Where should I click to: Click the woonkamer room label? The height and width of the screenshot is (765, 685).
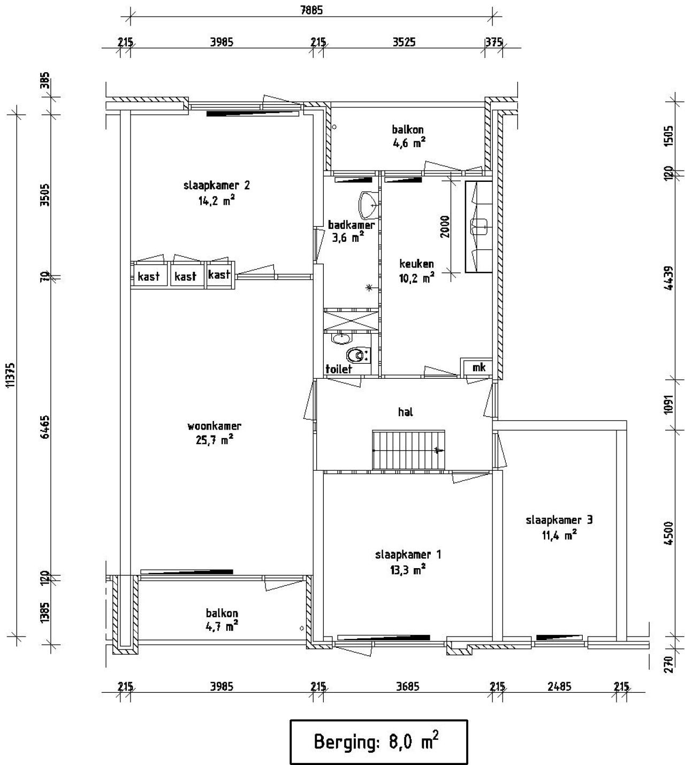click(x=214, y=426)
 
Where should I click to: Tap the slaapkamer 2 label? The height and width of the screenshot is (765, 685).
click(x=217, y=186)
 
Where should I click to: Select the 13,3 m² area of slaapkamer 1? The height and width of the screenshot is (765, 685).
click(x=408, y=569)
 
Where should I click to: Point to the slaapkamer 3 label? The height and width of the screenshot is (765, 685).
click(x=559, y=520)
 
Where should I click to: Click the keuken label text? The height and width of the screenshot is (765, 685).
click(x=416, y=263)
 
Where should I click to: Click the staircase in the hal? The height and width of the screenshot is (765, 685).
click(x=408, y=450)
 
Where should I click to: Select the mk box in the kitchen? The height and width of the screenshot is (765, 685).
click(x=476, y=366)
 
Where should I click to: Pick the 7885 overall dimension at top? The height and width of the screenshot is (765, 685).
click(x=311, y=10)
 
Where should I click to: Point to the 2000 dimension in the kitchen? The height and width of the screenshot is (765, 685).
click(x=445, y=226)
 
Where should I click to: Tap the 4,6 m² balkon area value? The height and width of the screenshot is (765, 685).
click(x=408, y=143)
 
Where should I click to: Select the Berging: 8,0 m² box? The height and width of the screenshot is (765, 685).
click(x=378, y=742)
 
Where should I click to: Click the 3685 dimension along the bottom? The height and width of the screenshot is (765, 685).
click(x=408, y=686)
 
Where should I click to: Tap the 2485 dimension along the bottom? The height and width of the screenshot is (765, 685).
click(x=560, y=686)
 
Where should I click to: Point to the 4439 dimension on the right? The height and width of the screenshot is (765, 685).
click(x=669, y=278)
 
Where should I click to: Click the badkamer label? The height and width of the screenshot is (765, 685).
click(x=351, y=225)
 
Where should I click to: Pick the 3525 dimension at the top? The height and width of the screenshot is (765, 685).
click(x=404, y=42)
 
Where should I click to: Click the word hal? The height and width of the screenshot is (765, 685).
click(x=406, y=411)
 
